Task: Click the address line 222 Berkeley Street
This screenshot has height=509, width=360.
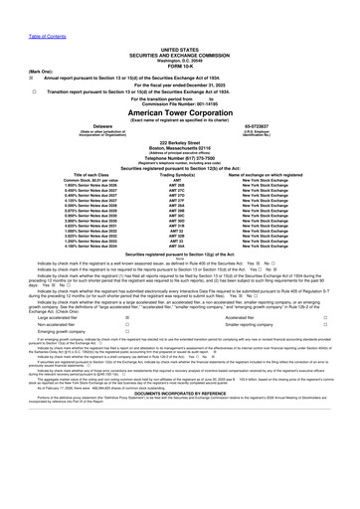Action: pyautogui.click(x=179, y=143)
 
